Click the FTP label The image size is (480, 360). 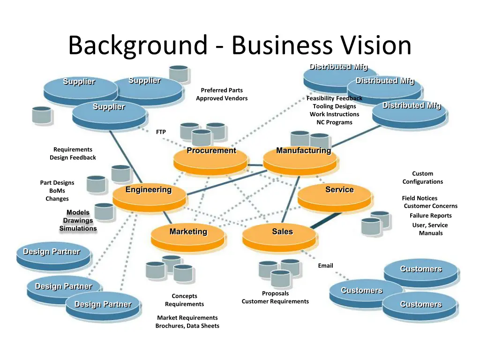point(161,132)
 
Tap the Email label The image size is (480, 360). point(325,266)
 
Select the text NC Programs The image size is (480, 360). point(334,122)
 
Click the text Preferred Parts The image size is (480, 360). point(222,90)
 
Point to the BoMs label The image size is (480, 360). point(57,191)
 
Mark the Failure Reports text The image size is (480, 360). point(431,216)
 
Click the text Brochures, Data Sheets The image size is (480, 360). point(187,326)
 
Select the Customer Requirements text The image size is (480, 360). point(275,301)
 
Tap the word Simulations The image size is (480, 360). point(78,228)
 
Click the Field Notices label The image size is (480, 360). point(420,198)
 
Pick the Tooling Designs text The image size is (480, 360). point(335,106)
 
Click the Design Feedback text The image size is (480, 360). point(73,157)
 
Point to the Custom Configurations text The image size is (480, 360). point(422,178)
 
